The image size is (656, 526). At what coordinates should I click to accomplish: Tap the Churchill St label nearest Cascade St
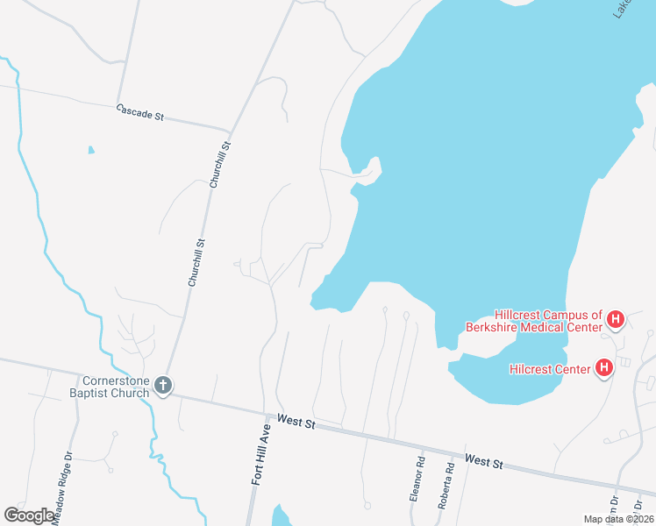pos(219,165)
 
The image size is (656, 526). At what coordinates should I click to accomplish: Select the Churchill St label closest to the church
pos(196,262)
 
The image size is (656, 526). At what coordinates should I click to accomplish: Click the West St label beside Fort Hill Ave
pos(295,423)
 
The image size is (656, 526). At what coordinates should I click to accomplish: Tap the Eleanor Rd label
pos(417,478)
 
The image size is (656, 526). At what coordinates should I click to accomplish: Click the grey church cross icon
pos(161,385)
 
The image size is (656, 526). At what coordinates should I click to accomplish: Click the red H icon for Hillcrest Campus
pos(615,319)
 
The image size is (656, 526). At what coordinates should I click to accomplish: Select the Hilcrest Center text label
pos(550,369)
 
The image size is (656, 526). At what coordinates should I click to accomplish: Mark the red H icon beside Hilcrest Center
pos(603,368)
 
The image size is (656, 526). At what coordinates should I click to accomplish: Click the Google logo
pos(29,515)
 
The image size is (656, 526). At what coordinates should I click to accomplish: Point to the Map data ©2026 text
pos(618,519)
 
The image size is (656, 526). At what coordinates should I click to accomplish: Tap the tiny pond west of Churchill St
pos(91,150)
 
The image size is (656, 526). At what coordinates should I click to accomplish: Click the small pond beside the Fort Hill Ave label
pos(280,516)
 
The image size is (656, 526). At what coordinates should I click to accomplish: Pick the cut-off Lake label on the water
pos(622,9)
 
